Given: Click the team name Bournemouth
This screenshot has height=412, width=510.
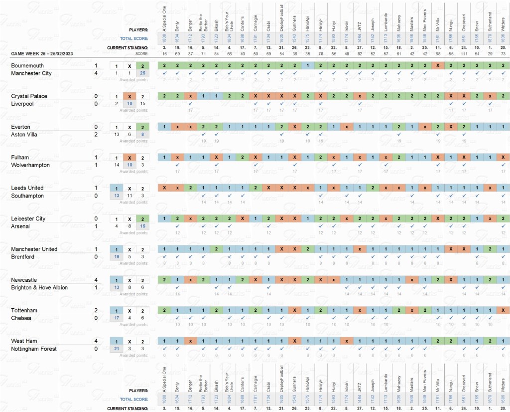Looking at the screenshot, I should click(27, 65).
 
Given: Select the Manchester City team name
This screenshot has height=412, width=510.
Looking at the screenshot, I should click(33, 73).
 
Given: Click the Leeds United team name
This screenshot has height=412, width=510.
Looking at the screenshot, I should click(27, 188).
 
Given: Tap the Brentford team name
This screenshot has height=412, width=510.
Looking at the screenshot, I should click(23, 257).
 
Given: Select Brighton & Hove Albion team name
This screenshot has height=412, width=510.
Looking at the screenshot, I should click(39, 288).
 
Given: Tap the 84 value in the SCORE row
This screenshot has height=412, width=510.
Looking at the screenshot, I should click(216, 53).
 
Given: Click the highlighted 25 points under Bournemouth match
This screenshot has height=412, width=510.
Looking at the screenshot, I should click(142, 73).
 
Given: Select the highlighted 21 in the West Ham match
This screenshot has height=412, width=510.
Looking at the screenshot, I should click(116, 349).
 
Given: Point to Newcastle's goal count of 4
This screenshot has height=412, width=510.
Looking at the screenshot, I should click(96, 280).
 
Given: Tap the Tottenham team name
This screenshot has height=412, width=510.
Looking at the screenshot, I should click(24, 311).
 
